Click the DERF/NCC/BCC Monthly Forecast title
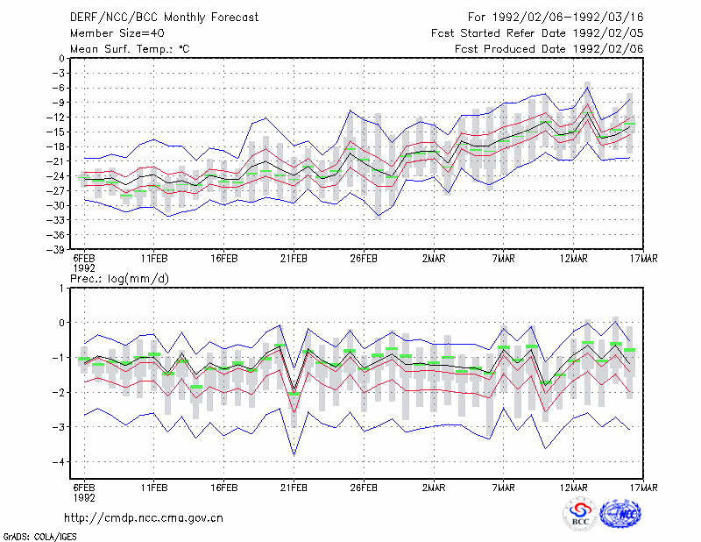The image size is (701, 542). (x=164, y=18)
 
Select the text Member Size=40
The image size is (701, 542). (x=117, y=33)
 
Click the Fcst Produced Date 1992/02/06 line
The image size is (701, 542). (x=549, y=49)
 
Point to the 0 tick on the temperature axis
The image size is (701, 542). (x=61, y=59)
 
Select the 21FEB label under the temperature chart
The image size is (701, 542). (x=294, y=259)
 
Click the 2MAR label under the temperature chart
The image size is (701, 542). (x=434, y=259)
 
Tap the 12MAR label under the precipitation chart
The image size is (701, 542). (x=574, y=488)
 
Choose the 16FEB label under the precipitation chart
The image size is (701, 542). (x=224, y=488)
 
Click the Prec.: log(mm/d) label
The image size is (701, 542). (x=119, y=279)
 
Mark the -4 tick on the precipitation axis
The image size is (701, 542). (x=59, y=462)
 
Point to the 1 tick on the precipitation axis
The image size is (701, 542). (x=61, y=289)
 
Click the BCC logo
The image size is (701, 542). (x=580, y=514)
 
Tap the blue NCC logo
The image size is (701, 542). (x=620, y=514)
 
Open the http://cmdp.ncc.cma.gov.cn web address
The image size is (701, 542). (x=144, y=518)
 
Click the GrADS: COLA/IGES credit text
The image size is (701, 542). (x=39, y=537)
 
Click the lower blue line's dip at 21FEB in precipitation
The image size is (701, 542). (x=294, y=455)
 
